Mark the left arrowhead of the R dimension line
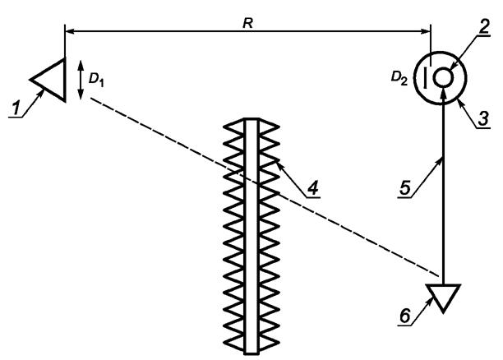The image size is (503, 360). tap(68, 32)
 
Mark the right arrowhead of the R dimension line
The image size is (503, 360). tap(427, 32)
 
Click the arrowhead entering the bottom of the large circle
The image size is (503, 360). tap(444, 94)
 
